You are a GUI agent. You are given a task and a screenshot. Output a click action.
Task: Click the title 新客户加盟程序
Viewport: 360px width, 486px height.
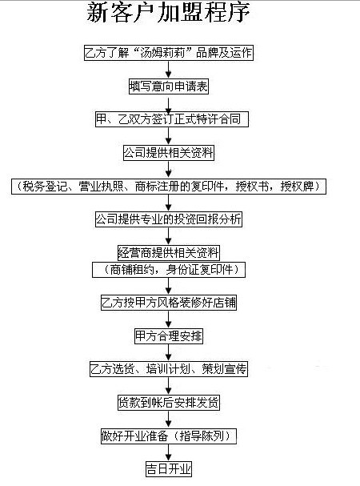(x=168, y=13)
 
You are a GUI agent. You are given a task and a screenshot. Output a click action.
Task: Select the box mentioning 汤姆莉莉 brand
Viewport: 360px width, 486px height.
(x=169, y=53)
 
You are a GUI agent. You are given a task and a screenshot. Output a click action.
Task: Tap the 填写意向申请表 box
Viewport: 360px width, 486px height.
(x=169, y=86)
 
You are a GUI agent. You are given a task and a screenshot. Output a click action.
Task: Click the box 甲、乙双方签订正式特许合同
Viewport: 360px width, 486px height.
(x=172, y=119)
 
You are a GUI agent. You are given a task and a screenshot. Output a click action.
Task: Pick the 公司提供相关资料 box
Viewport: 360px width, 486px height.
(x=169, y=152)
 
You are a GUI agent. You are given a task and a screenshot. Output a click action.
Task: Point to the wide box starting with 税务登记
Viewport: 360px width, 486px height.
(x=169, y=187)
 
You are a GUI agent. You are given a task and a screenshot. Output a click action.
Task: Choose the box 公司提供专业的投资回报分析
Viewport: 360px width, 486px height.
(x=169, y=219)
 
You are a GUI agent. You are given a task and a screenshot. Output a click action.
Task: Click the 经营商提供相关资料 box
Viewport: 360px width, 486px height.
(x=169, y=253)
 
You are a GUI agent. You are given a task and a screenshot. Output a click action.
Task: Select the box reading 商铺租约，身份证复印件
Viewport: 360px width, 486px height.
(x=169, y=270)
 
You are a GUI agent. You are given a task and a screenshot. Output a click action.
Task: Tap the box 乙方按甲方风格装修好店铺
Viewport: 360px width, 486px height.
(x=169, y=303)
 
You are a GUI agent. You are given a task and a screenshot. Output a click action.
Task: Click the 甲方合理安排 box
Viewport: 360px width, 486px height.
(x=169, y=336)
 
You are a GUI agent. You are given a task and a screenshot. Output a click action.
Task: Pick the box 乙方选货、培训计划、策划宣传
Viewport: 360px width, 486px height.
(x=169, y=369)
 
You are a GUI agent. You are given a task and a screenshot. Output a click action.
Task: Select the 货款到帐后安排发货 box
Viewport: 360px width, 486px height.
(x=169, y=403)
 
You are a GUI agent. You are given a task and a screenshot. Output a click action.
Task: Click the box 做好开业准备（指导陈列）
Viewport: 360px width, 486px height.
(x=169, y=436)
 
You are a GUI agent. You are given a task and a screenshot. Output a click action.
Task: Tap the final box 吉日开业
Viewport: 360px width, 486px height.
(x=169, y=469)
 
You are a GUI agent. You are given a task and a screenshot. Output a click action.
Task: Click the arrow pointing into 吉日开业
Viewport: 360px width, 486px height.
(x=168, y=452)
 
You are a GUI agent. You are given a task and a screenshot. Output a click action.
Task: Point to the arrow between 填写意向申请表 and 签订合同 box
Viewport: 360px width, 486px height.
(x=168, y=106)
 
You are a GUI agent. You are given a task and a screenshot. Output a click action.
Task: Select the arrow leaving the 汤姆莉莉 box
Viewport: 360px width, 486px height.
(x=168, y=70)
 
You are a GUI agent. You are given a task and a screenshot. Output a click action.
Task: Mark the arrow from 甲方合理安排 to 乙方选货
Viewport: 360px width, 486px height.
(x=168, y=353)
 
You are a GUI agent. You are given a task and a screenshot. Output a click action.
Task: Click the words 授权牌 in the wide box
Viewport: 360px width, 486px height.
(x=297, y=187)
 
